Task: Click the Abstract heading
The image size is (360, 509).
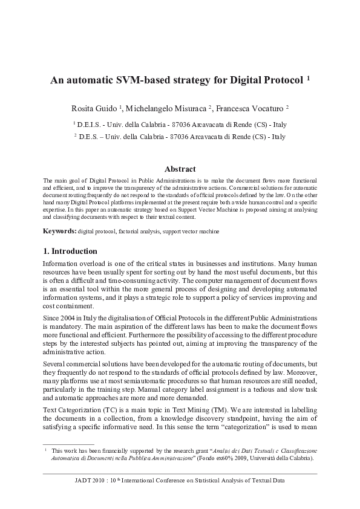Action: (x=180, y=169)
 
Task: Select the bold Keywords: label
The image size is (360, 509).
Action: (x=59, y=232)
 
